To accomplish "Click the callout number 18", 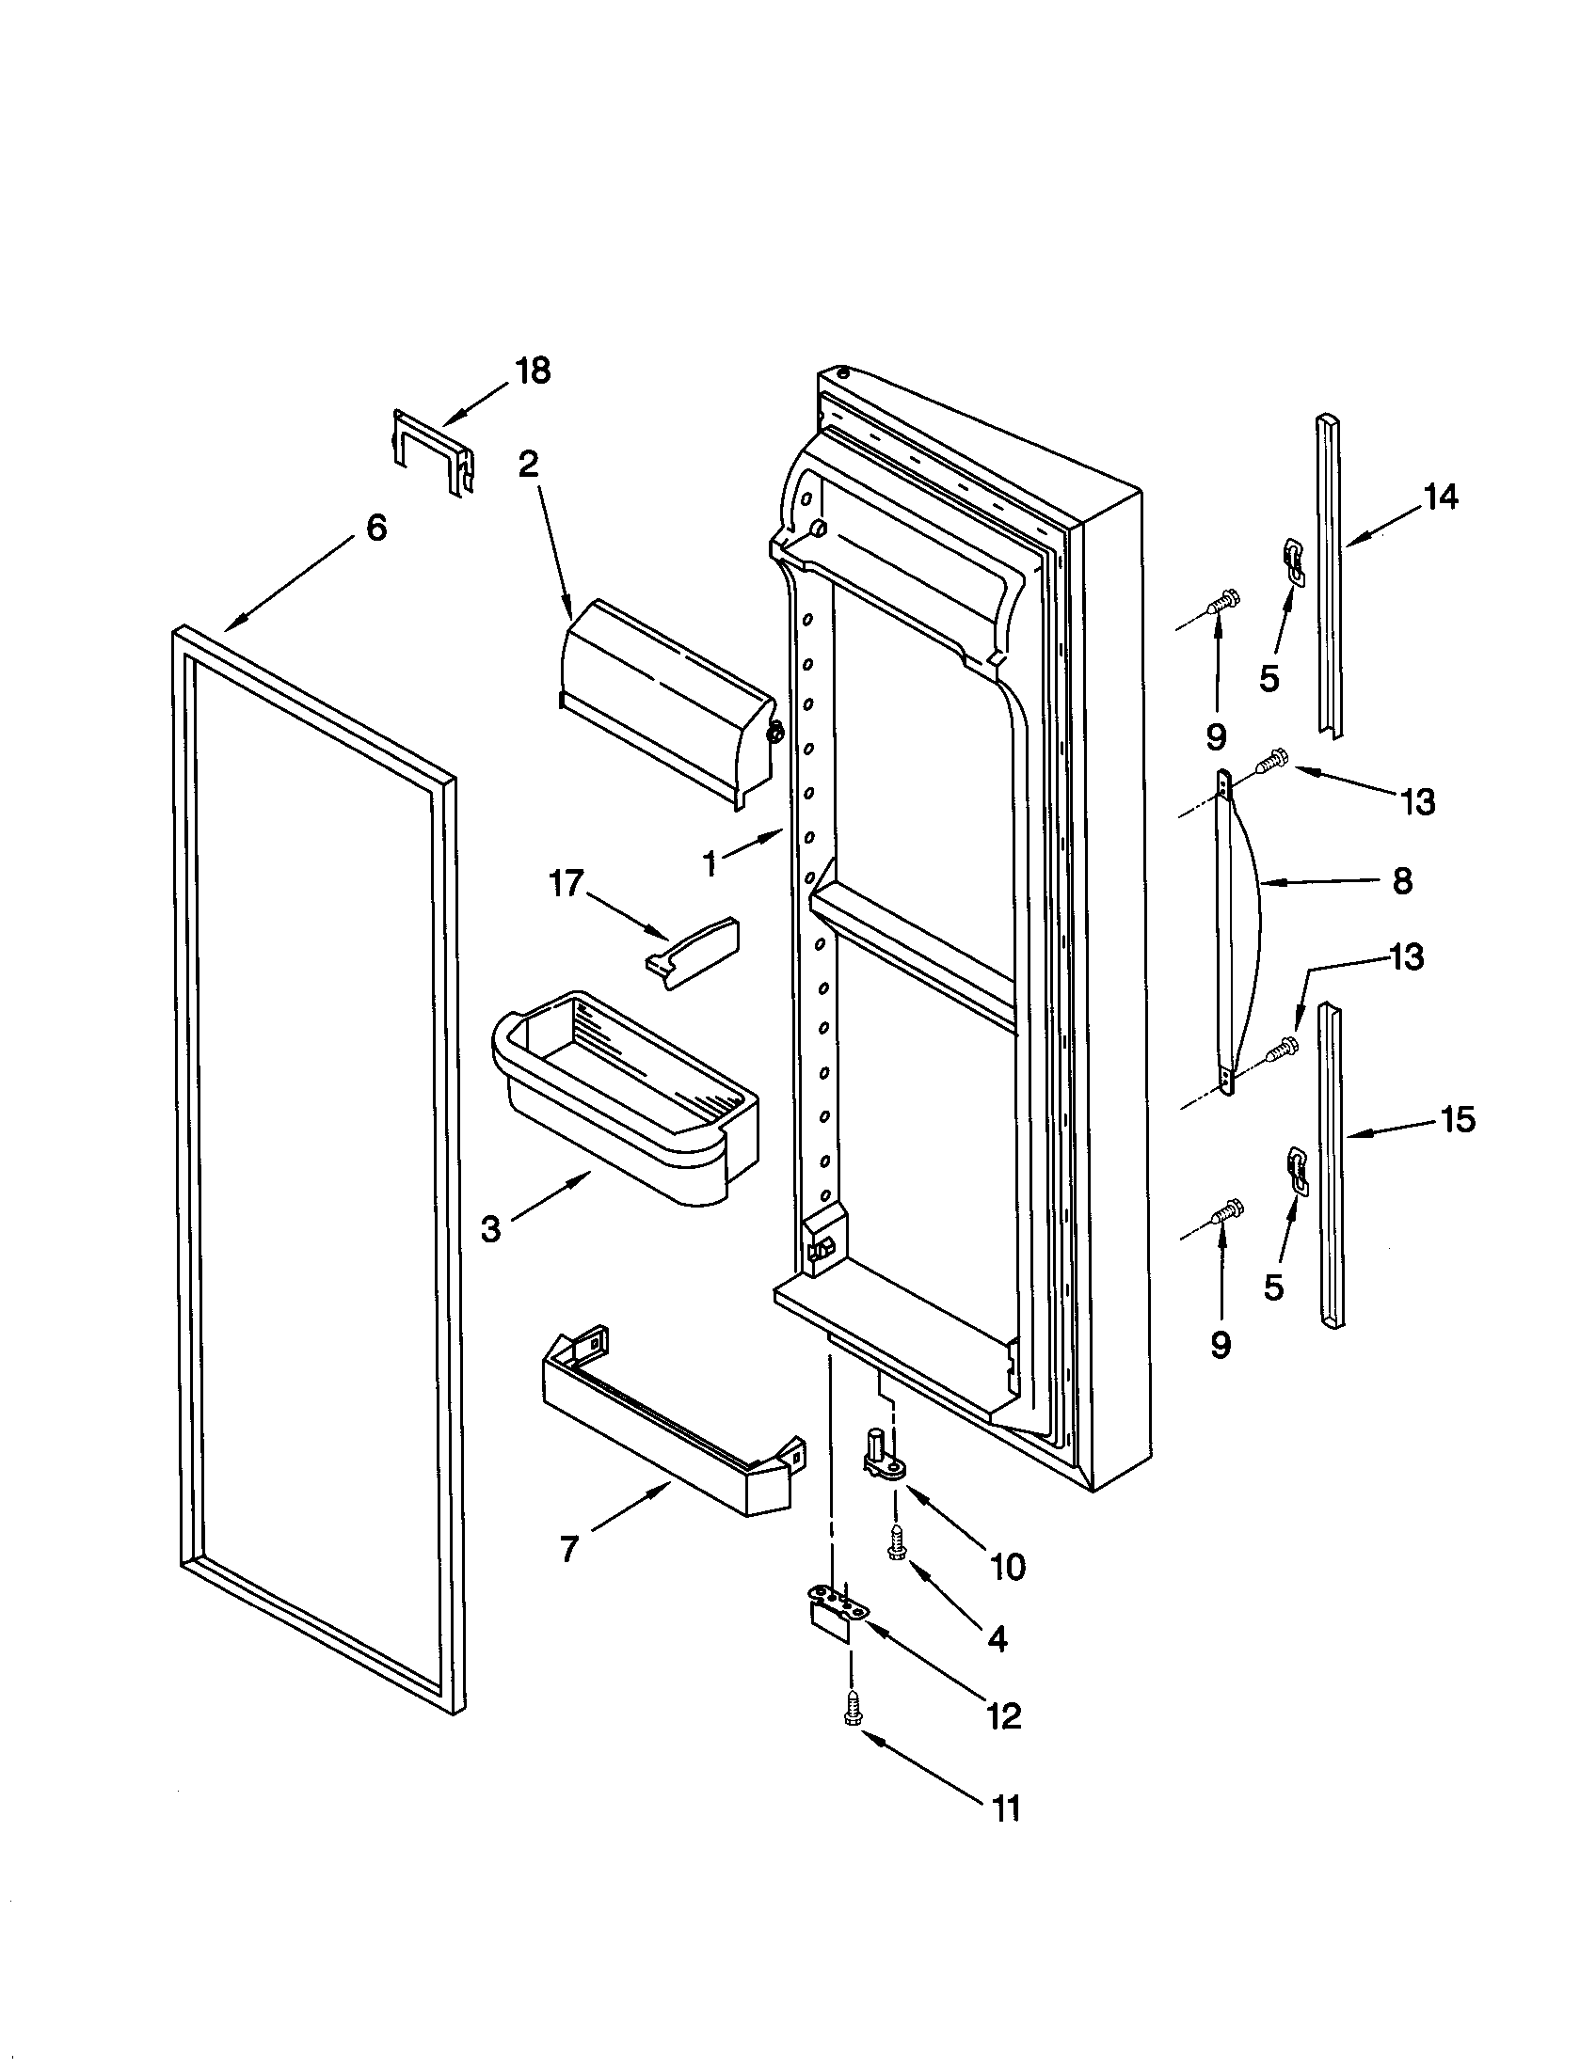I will [534, 371].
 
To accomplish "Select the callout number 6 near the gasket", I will [376, 528].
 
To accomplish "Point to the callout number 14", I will [1441, 497].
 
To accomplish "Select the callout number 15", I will [1459, 1120].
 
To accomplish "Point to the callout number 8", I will [1403, 881].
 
